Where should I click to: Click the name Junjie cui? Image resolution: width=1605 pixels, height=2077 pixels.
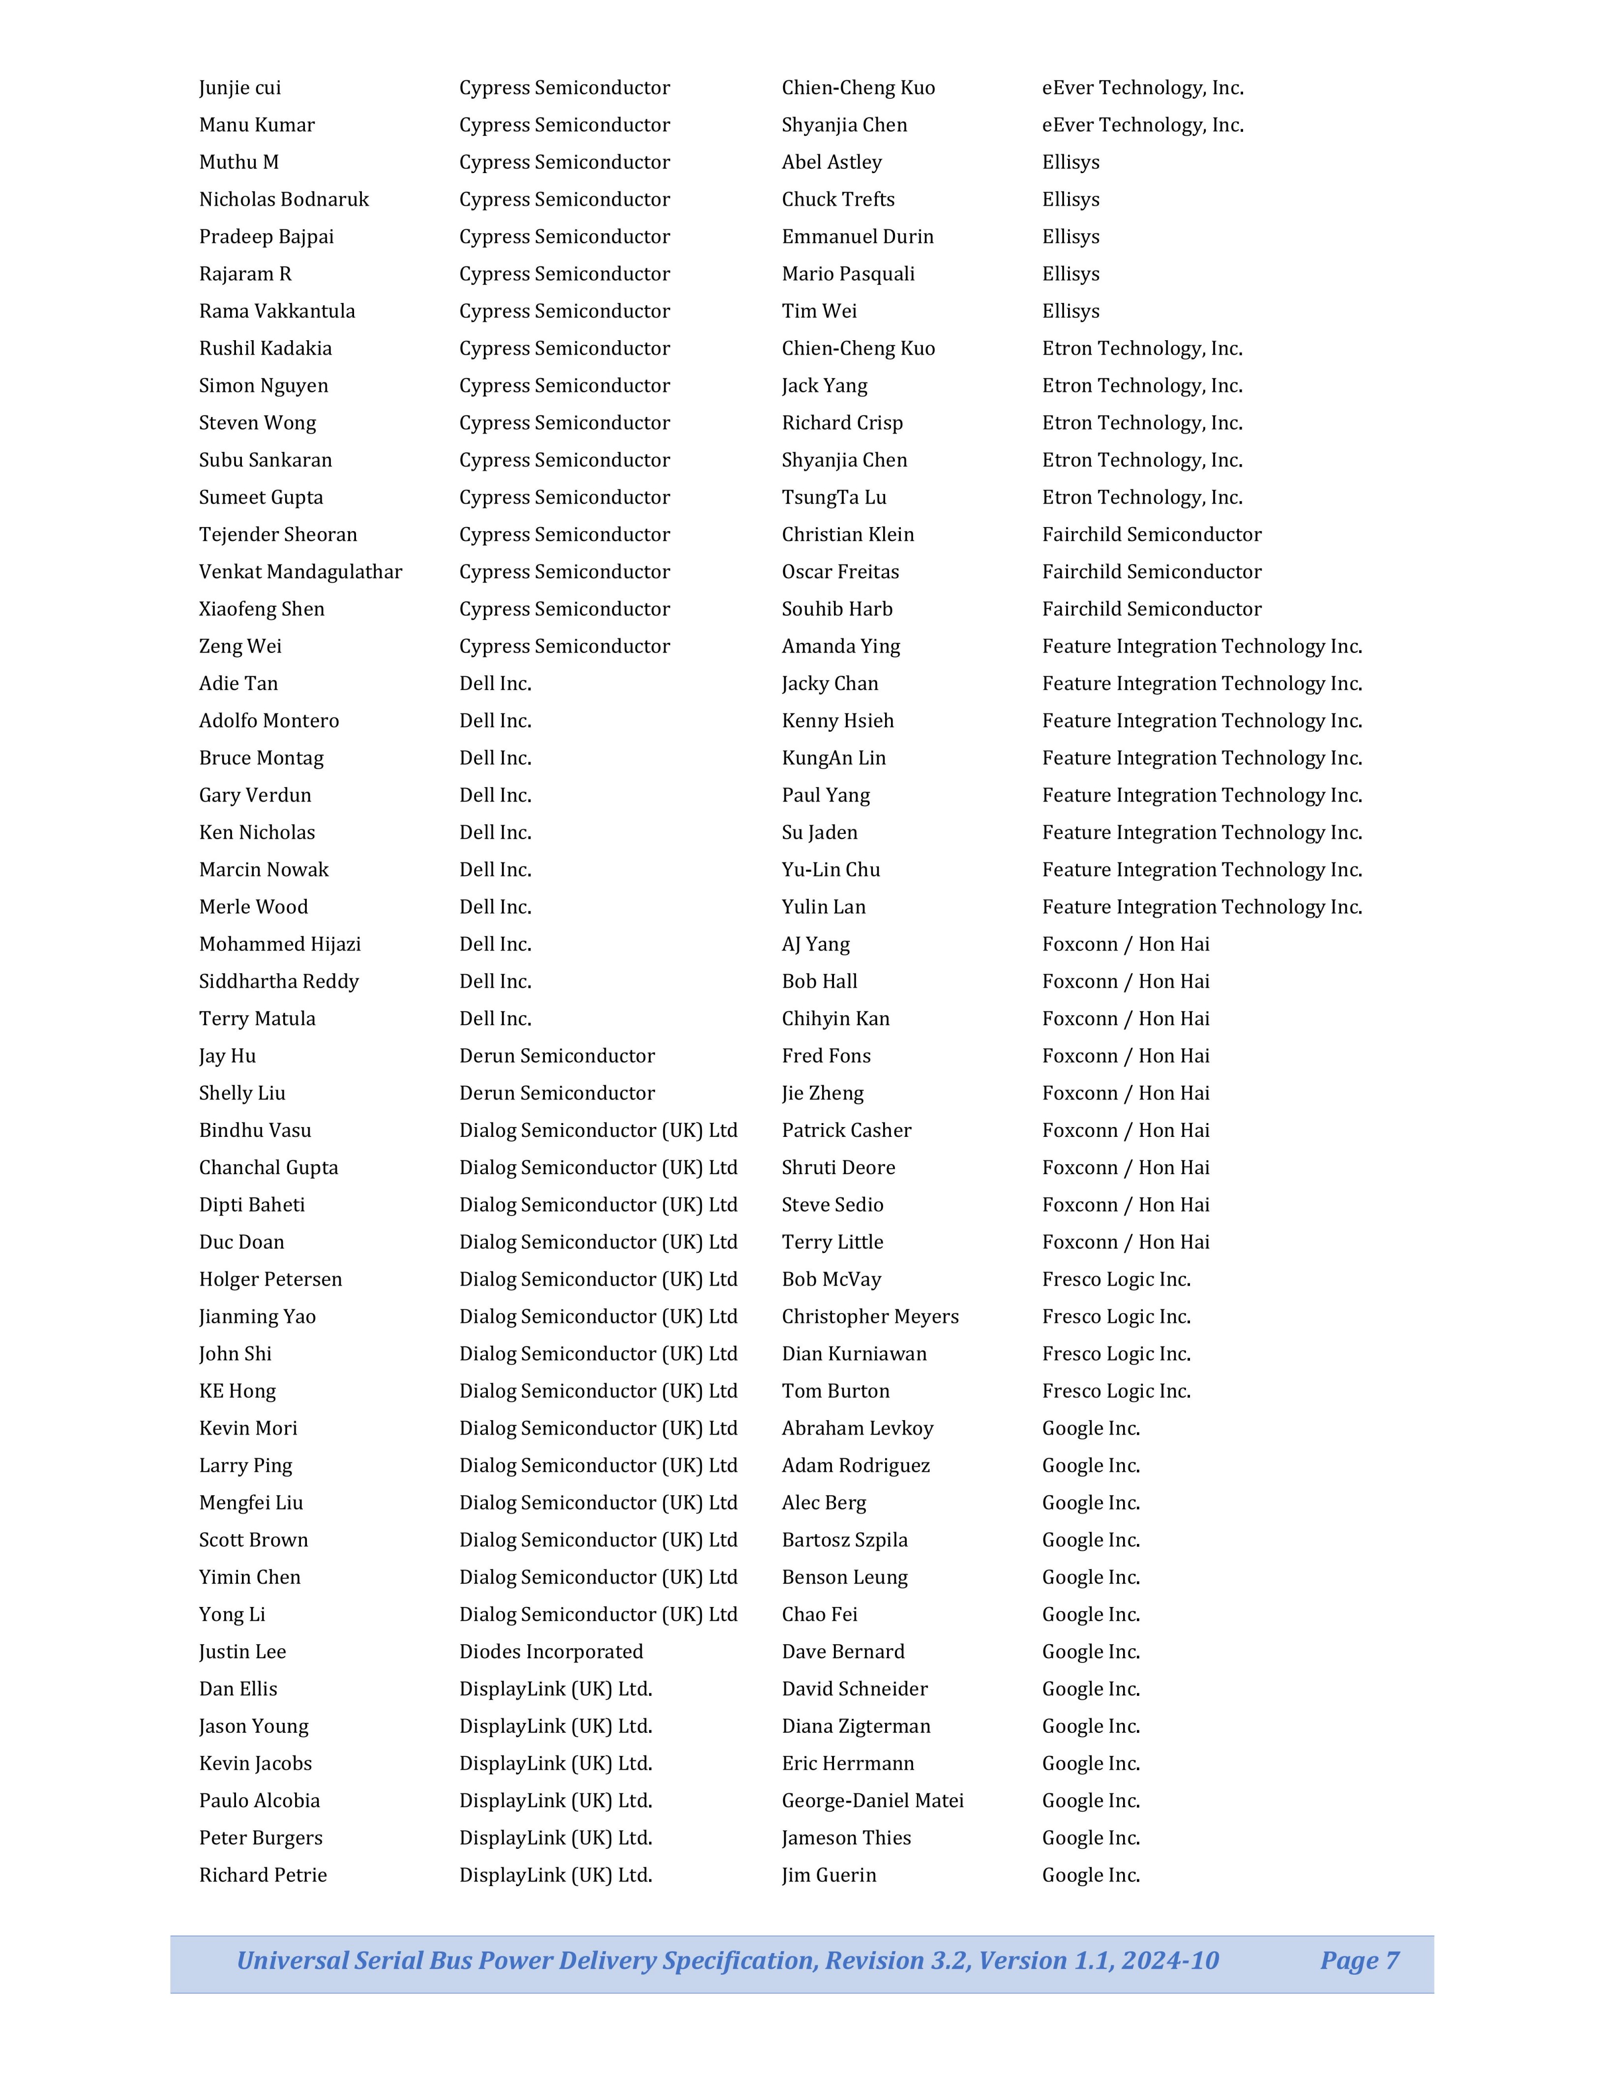pyautogui.click(x=239, y=88)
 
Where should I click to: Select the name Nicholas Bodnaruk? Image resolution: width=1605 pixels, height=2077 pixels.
pyautogui.click(x=283, y=200)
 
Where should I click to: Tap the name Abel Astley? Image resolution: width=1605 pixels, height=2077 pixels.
pyautogui.click(x=831, y=163)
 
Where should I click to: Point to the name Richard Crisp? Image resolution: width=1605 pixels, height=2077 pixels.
pyautogui.click(x=841, y=423)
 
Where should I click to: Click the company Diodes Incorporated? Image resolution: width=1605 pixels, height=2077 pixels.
pyautogui.click(x=551, y=1652)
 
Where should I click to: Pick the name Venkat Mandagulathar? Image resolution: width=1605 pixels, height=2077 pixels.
pyautogui.click(x=300, y=571)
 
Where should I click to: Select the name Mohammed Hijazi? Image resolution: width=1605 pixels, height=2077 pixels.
pyautogui.click(x=279, y=945)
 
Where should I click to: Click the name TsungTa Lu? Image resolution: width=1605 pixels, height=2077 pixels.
pyautogui.click(x=834, y=498)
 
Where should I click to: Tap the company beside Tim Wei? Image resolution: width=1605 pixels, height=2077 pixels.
pyautogui.click(x=1070, y=311)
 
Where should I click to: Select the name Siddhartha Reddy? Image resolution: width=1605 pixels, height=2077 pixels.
pyautogui.click(x=279, y=981)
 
